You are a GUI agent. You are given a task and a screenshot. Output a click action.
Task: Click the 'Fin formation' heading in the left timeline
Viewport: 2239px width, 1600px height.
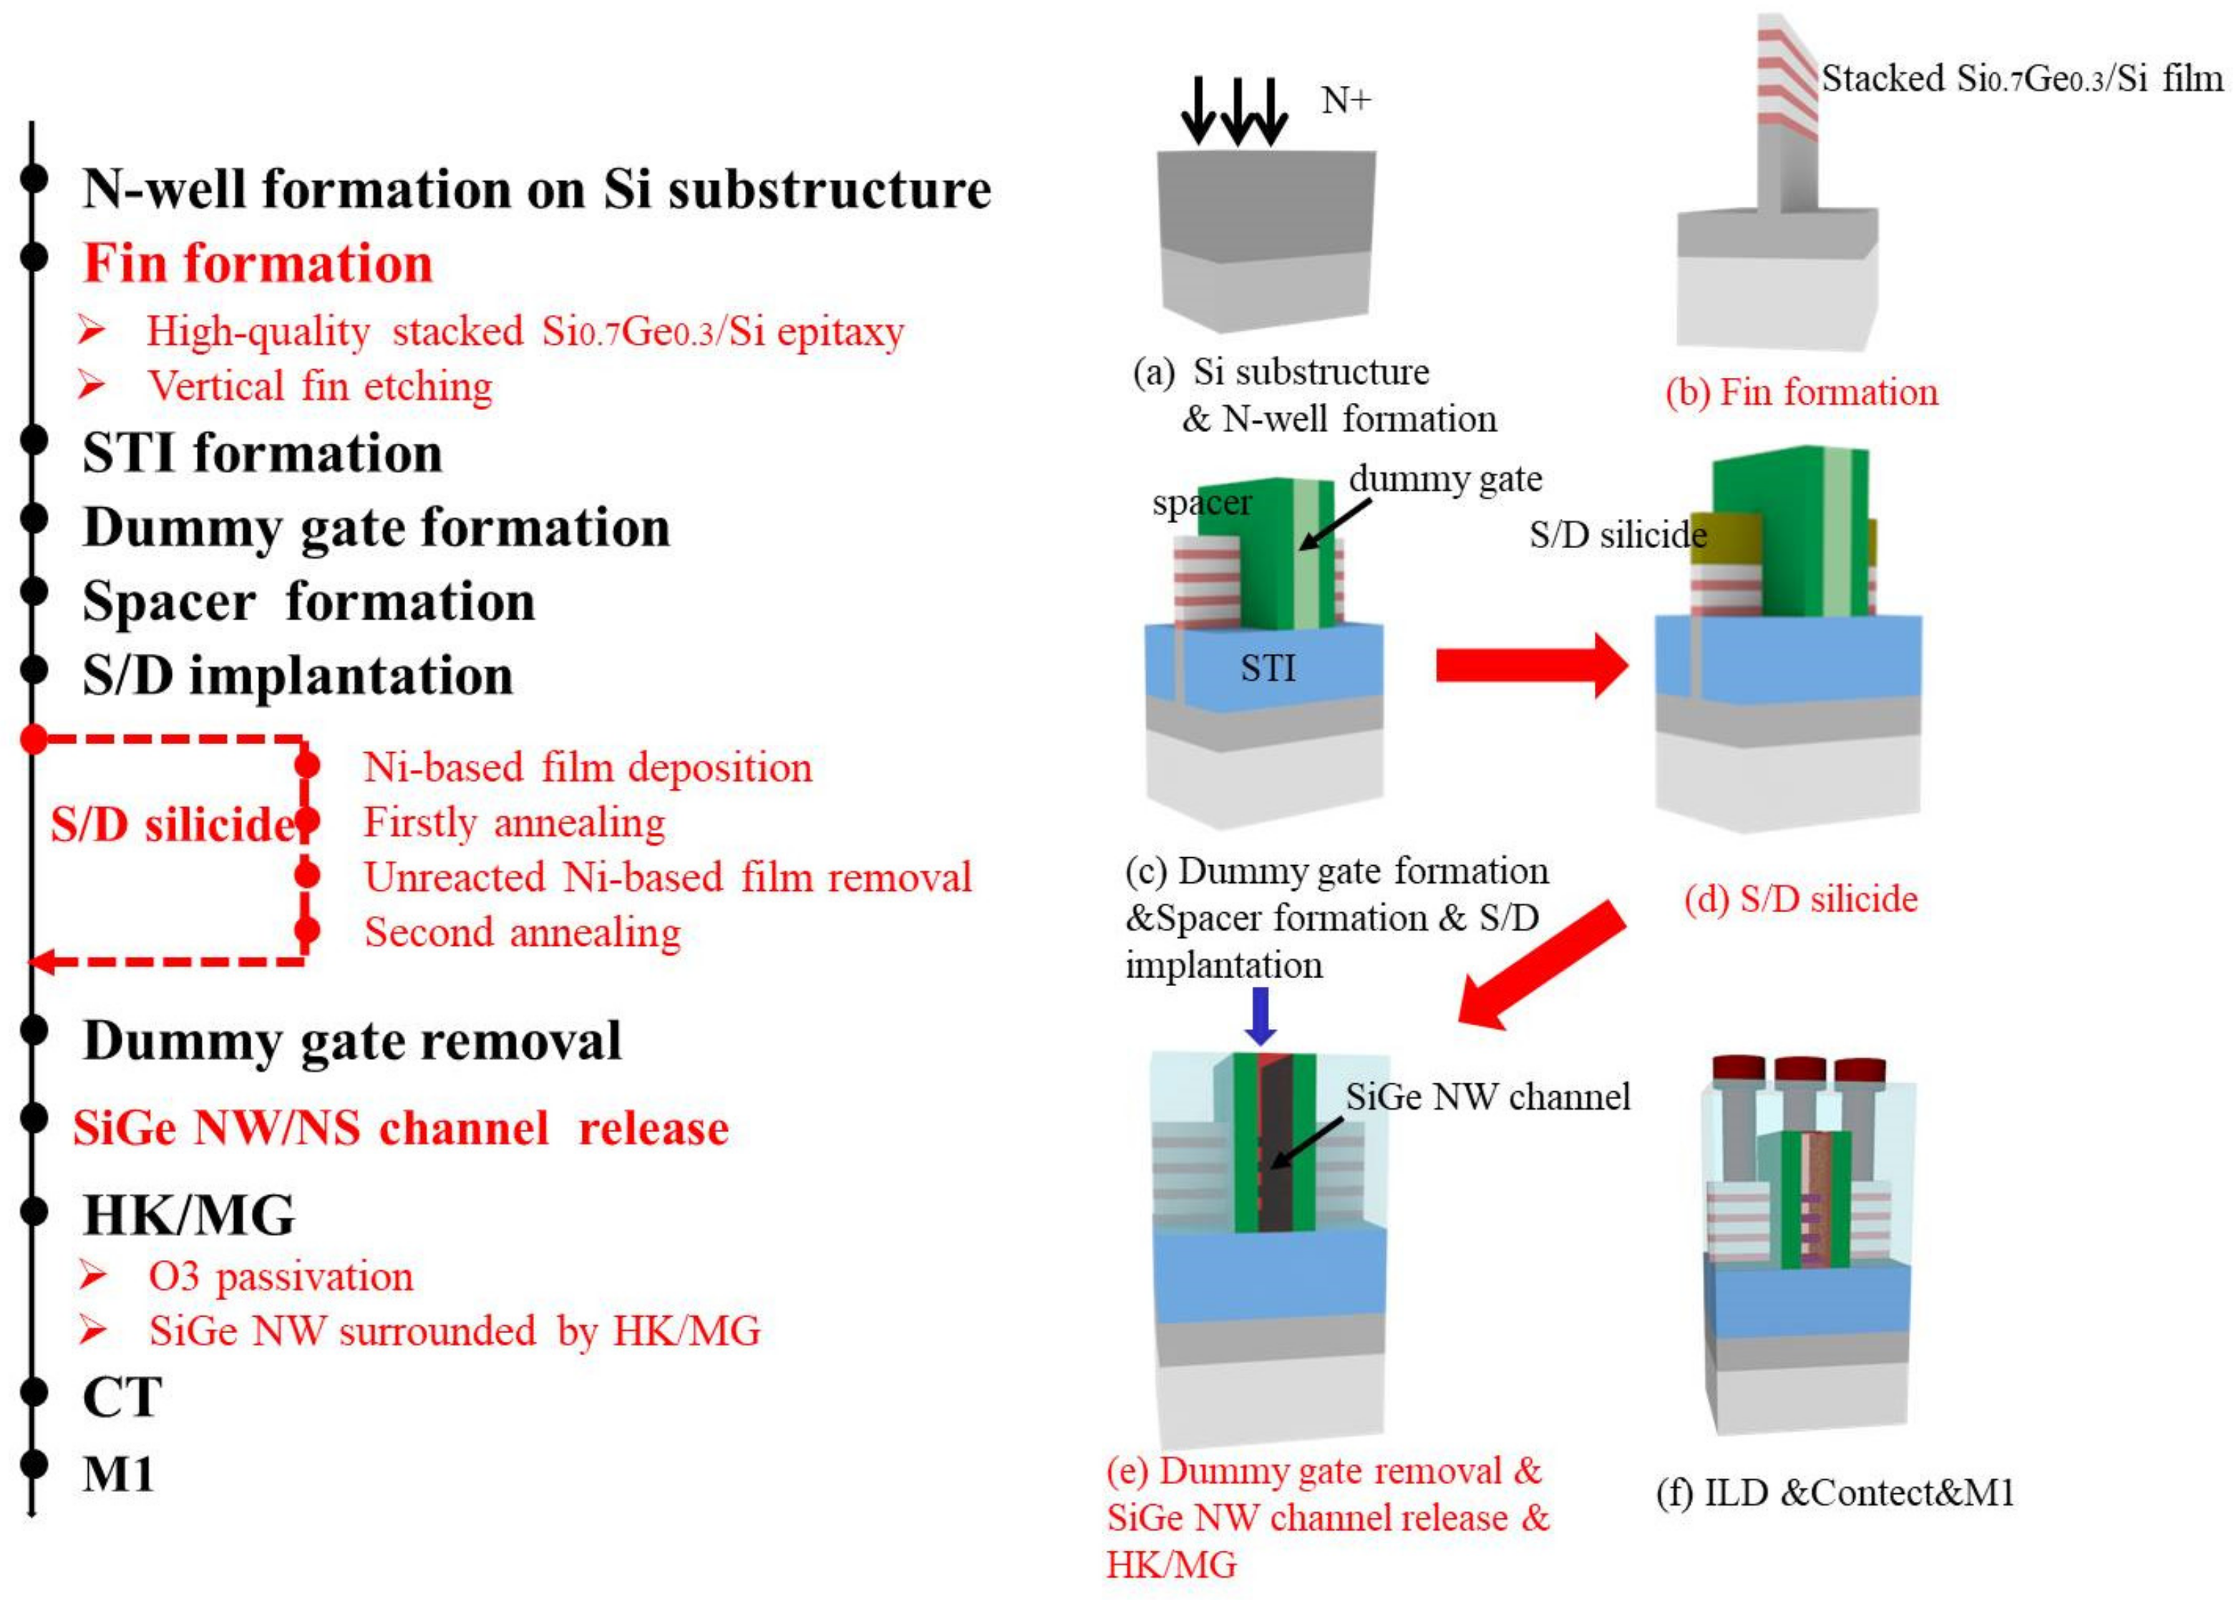click(258, 264)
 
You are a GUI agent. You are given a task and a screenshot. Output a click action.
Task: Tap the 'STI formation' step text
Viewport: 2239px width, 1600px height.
click(262, 454)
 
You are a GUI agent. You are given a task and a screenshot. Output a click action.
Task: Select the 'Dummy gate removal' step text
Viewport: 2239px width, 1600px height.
click(352, 1041)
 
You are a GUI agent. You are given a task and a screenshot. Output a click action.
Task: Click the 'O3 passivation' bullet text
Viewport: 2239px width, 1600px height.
click(281, 1277)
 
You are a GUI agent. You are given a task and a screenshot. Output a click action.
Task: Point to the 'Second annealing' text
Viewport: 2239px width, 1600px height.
click(523, 932)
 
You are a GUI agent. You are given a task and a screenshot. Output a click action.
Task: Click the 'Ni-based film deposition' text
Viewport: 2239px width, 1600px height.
click(588, 768)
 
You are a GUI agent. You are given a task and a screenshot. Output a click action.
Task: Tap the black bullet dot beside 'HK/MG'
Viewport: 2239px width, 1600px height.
click(34, 1210)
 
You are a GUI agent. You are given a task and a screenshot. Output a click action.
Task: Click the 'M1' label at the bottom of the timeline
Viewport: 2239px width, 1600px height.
click(118, 1475)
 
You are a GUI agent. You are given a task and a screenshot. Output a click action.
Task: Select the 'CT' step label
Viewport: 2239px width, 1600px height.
click(121, 1397)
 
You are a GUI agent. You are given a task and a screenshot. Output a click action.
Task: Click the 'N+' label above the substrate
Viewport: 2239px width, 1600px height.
click(1345, 99)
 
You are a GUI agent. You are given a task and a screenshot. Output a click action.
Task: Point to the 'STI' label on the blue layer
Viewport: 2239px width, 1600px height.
click(1268, 668)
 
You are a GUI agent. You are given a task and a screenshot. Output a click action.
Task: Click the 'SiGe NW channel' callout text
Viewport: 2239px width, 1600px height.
click(1488, 1096)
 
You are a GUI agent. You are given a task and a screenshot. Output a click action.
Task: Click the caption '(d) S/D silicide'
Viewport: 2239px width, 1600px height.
click(1800, 899)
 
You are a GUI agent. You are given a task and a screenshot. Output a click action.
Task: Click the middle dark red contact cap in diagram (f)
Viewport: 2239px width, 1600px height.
click(1800, 1070)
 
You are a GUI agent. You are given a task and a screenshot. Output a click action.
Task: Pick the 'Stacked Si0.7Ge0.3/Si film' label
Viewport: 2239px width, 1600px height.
click(2022, 79)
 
